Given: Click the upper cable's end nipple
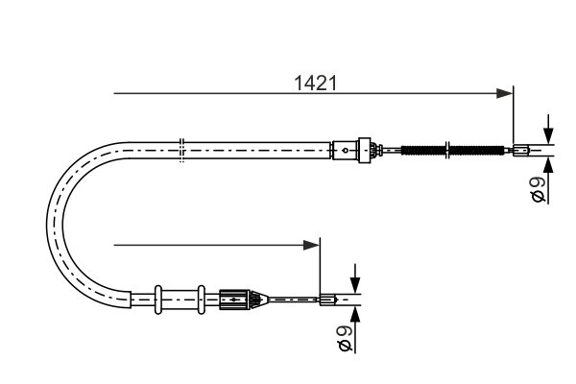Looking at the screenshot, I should (520, 149).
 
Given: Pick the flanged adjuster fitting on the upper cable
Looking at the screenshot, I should (363, 149).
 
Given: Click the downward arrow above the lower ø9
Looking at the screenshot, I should (354, 284).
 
